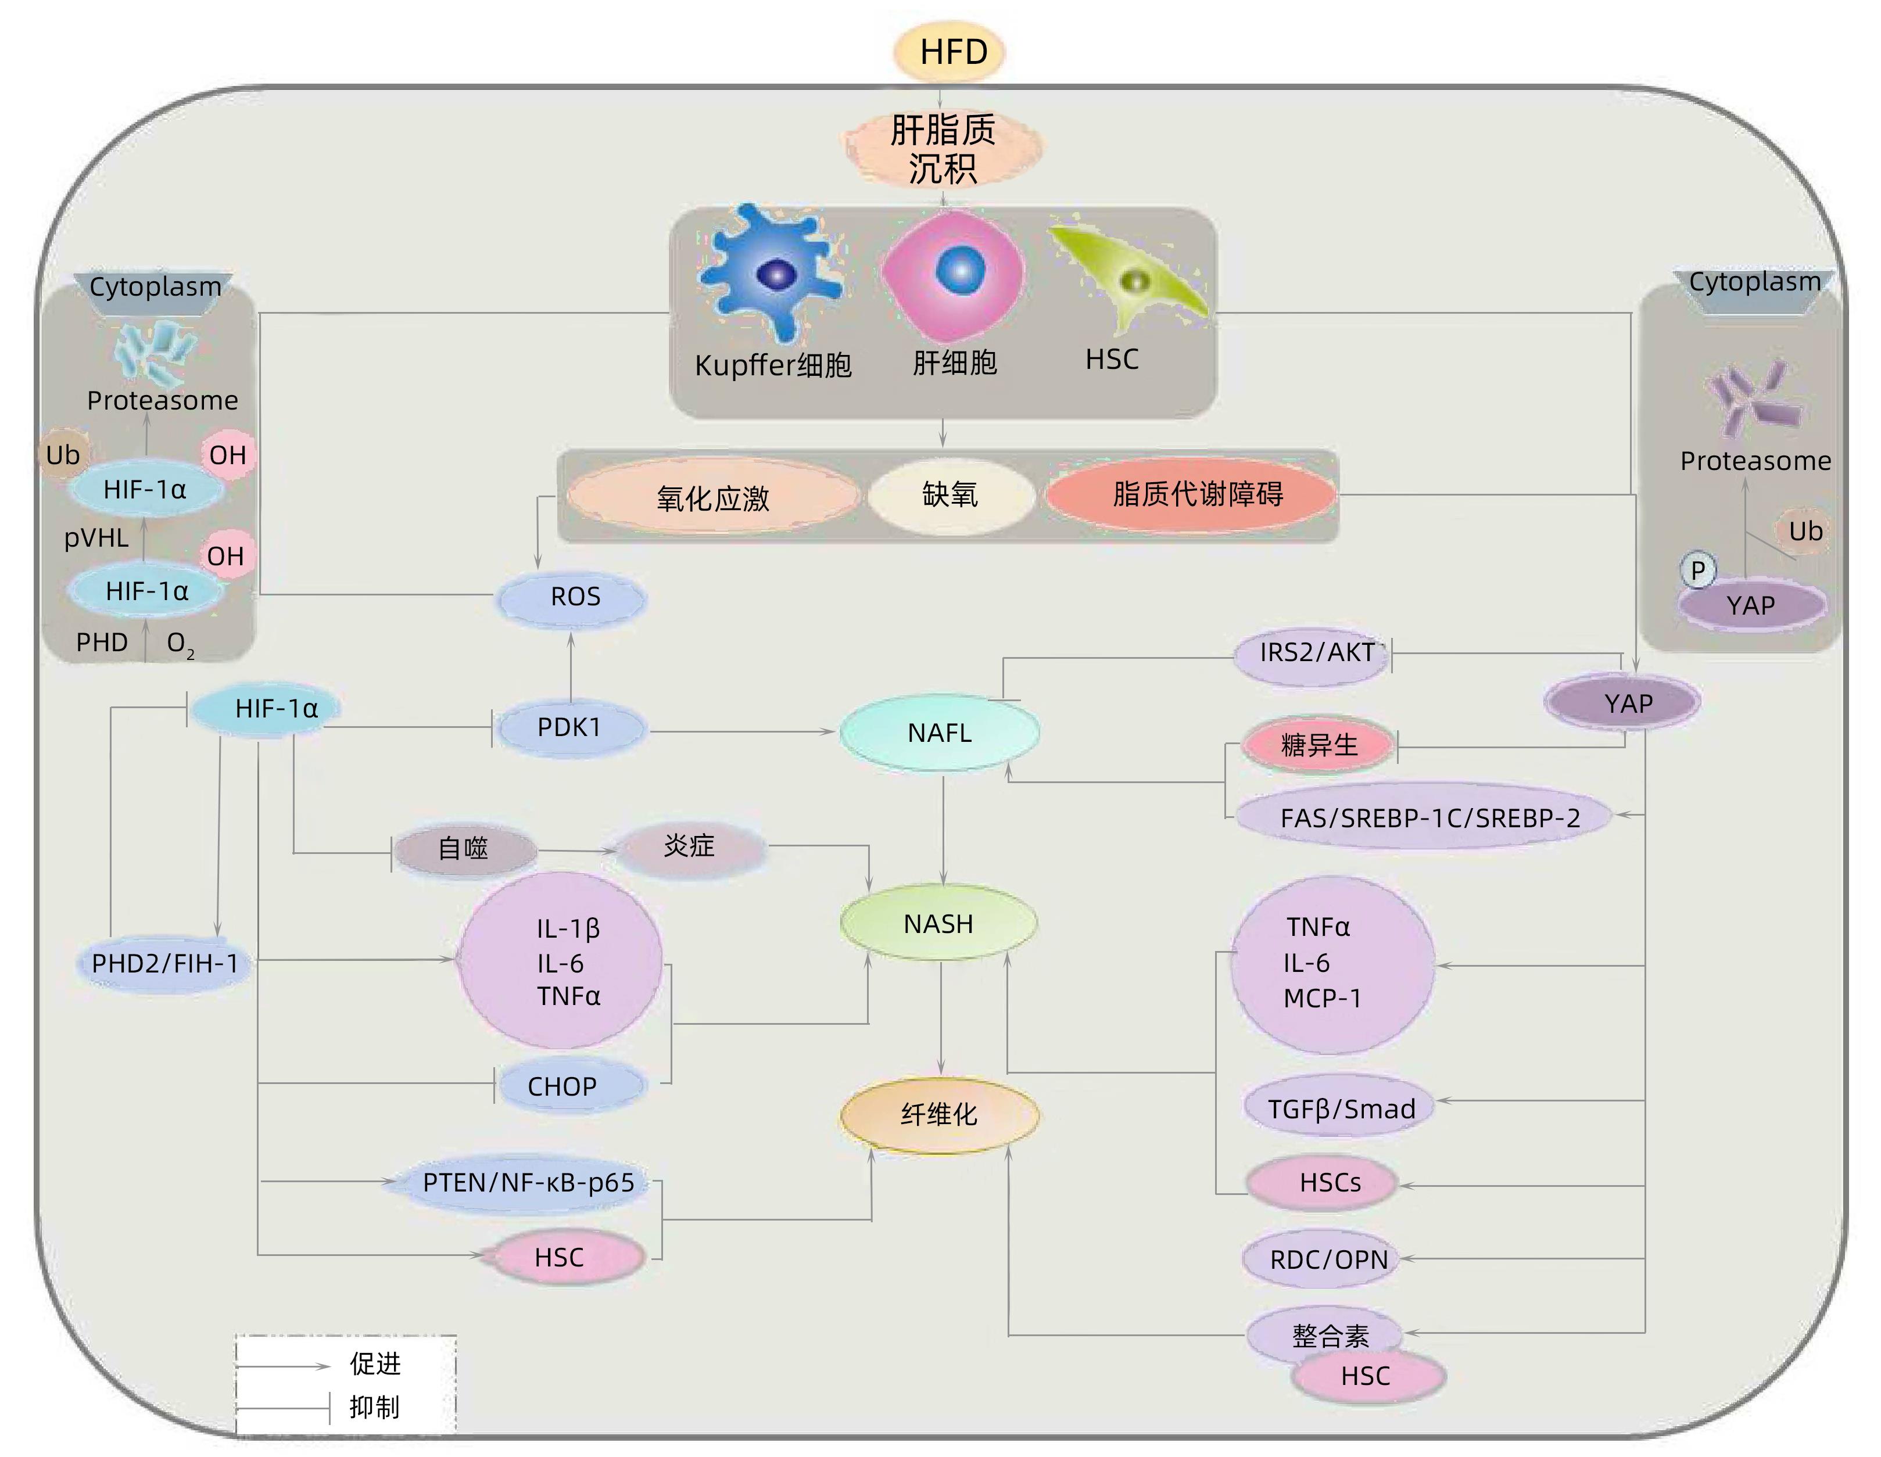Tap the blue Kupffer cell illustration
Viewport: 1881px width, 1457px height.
pyautogui.click(x=771, y=271)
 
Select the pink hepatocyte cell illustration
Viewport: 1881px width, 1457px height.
pyautogui.click(x=954, y=274)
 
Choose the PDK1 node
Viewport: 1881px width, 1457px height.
pyautogui.click(x=569, y=728)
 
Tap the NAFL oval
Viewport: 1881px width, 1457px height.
pyautogui.click(x=940, y=733)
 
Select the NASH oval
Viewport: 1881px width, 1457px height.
pyautogui.click(x=939, y=924)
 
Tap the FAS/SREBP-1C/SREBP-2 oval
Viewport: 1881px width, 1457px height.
pyautogui.click(x=1428, y=817)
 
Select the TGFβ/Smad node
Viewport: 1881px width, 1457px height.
pyautogui.click(x=1340, y=1108)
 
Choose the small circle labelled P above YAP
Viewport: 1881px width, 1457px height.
pyautogui.click(x=1697, y=570)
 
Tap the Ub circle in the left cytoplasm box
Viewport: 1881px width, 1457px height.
pyautogui.click(x=62, y=455)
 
